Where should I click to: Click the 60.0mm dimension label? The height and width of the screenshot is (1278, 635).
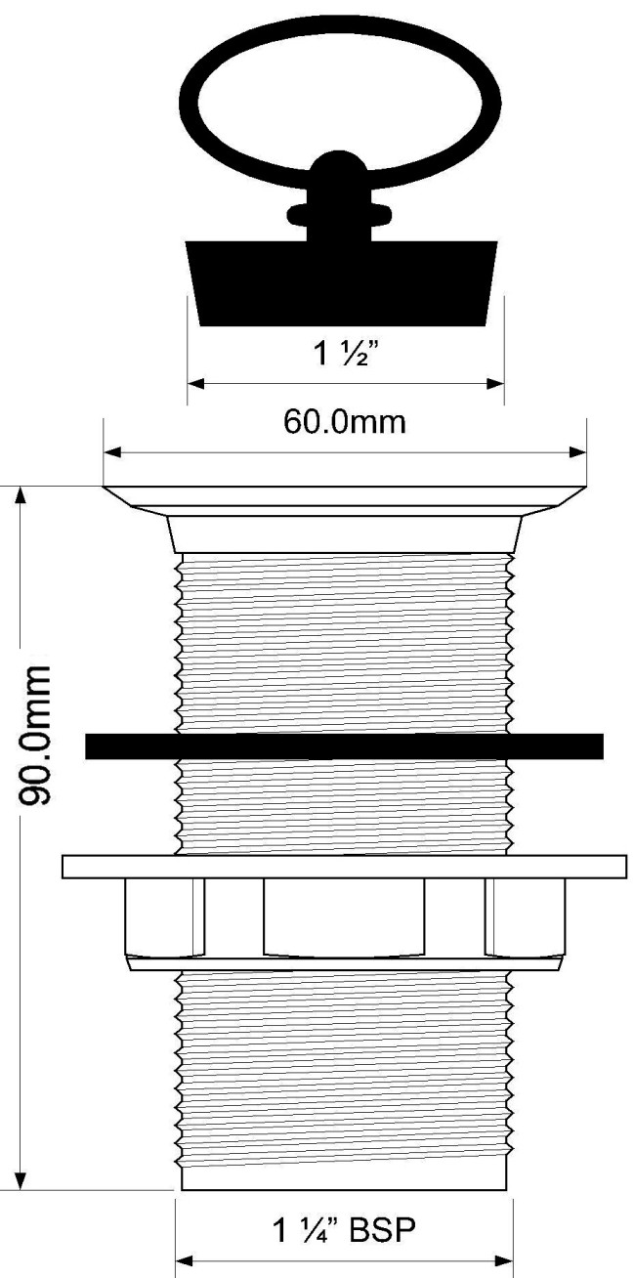point(345,423)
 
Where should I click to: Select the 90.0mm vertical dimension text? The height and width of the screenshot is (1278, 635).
point(34,735)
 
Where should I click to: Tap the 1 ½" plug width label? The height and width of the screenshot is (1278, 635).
point(346,353)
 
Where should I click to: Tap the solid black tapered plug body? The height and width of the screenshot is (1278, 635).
point(342,283)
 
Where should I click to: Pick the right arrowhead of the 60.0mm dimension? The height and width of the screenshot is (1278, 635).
point(577,452)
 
